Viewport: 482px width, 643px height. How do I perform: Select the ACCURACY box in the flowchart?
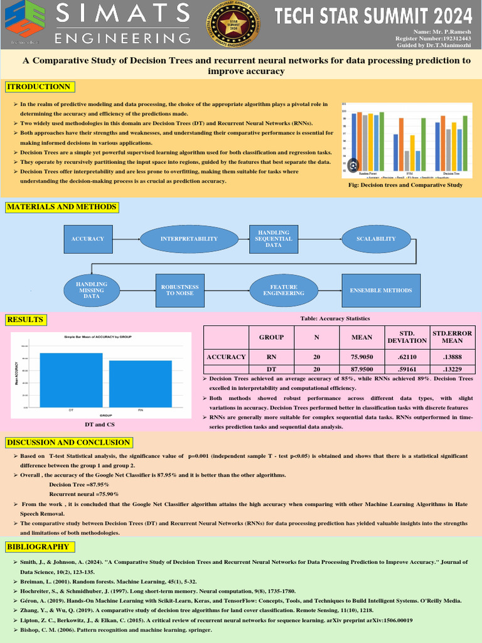coord(88,239)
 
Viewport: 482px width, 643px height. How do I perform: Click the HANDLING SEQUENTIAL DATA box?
coord(274,239)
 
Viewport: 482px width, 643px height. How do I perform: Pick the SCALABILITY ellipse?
coord(376,239)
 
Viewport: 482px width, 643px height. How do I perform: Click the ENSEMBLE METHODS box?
coord(381,290)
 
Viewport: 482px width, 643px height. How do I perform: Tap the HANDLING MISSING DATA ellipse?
coord(92,290)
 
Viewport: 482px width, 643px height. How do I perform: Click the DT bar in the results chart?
coord(71,379)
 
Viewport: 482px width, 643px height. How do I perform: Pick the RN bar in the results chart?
coord(140,383)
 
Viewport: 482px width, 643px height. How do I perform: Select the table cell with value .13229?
coord(452,369)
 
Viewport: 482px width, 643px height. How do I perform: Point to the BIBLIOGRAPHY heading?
coord(37,547)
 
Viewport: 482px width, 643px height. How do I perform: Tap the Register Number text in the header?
coord(433,38)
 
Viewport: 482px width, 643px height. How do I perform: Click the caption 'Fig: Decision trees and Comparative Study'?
coord(405,185)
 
